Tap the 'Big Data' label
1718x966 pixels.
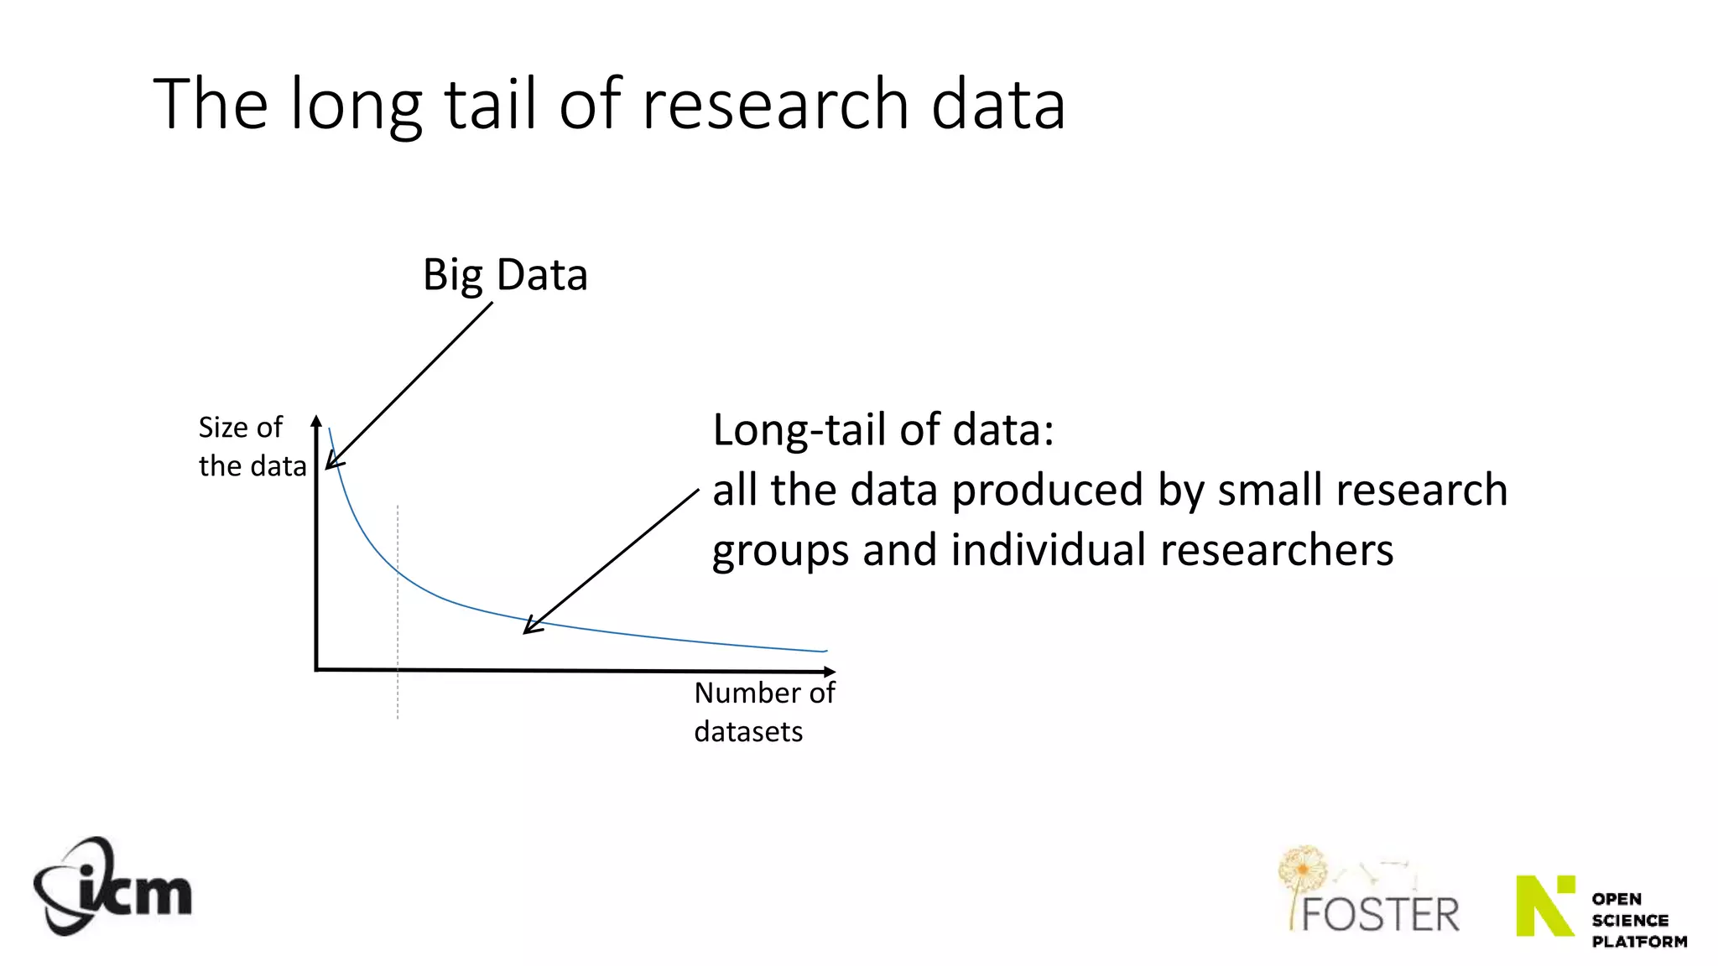[x=505, y=275]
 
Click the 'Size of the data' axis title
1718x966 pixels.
[x=252, y=447]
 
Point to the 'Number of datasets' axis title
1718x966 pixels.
[x=763, y=712]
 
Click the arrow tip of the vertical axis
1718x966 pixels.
[x=316, y=418]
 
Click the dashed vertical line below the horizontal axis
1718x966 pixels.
[x=398, y=696]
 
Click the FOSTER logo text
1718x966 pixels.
[x=1381, y=915]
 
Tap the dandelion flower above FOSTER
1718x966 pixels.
[x=1303, y=869]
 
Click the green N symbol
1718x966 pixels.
[x=1544, y=906]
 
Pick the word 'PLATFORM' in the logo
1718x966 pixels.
[x=1639, y=942]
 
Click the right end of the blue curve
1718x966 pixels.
[x=825, y=651]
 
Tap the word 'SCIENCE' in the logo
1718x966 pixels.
[x=1630, y=920]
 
